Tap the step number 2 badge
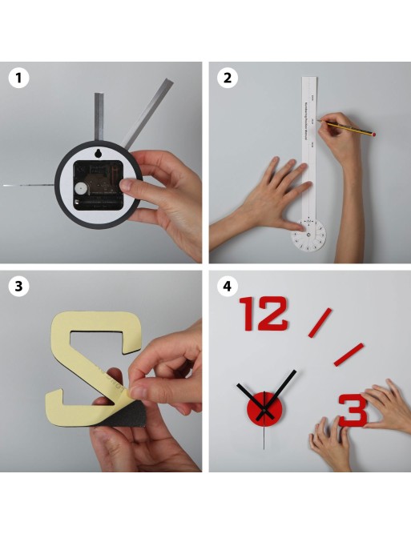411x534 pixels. pyautogui.click(x=228, y=78)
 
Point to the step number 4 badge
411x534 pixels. pyautogui.click(x=228, y=285)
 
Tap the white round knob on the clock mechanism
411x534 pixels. pyautogui.click(x=80, y=188)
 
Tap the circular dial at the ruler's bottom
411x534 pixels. pyautogui.click(x=308, y=235)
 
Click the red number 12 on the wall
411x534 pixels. pyautogui.click(x=264, y=313)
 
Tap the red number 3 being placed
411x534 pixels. pyautogui.click(x=353, y=410)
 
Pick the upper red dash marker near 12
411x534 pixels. pyautogui.click(x=320, y=322)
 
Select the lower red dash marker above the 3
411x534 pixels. pyautogui.click(x=349, y=354)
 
